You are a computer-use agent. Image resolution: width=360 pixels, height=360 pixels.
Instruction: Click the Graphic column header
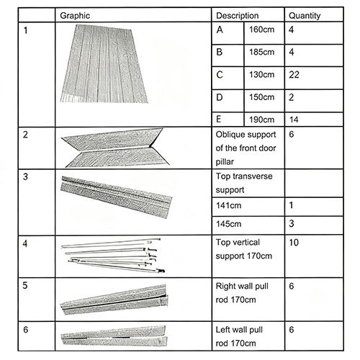pos(75,14)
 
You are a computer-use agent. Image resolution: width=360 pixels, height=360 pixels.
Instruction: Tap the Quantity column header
pos(305,14)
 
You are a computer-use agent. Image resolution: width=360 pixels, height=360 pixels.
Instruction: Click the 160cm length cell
pos(261,30)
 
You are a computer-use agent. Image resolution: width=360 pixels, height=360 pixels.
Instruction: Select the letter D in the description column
pos(221,96)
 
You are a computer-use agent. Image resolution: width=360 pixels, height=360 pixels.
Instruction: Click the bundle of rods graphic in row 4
pos(115,255)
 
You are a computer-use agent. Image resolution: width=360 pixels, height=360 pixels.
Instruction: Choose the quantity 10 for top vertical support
pos(294,243)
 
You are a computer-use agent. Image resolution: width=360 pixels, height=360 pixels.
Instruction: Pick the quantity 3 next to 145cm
pos(292,223)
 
